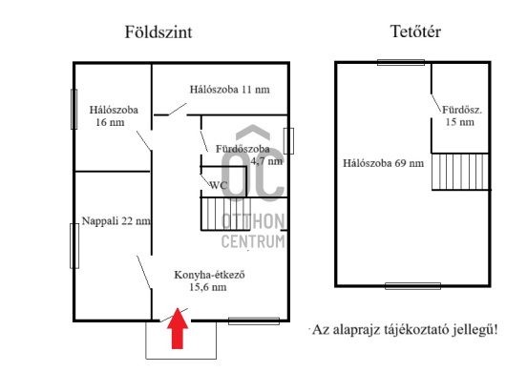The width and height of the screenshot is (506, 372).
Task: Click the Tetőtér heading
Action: point(415,31)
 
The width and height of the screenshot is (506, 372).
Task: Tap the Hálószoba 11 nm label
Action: point(229,90)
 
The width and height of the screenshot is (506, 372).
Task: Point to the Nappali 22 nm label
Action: point(116,220)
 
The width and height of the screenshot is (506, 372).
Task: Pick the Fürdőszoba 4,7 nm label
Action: point(248,155)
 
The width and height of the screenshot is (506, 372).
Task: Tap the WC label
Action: point(218,185)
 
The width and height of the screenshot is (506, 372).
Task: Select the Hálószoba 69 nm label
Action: point(383,163)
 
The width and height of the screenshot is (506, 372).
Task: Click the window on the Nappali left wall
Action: point(74,245)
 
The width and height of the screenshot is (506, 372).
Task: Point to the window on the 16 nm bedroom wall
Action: point(74,110)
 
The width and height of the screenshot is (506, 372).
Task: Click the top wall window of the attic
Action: point(401,63)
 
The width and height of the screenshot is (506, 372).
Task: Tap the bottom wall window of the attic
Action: point(411,285)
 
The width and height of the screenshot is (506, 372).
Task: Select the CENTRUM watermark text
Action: point(253,241)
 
